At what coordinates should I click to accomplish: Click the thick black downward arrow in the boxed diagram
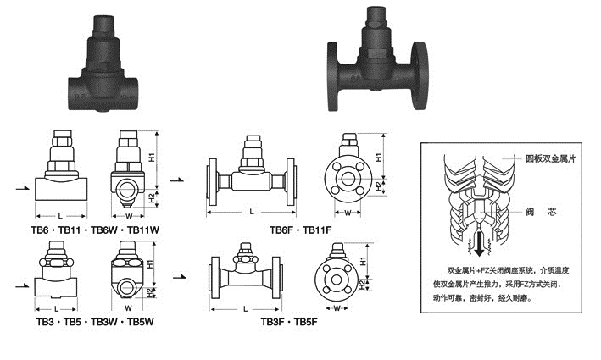point(479,246)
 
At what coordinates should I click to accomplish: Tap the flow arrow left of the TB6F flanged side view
point(179,179)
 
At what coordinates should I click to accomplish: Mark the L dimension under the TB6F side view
point(252,210)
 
